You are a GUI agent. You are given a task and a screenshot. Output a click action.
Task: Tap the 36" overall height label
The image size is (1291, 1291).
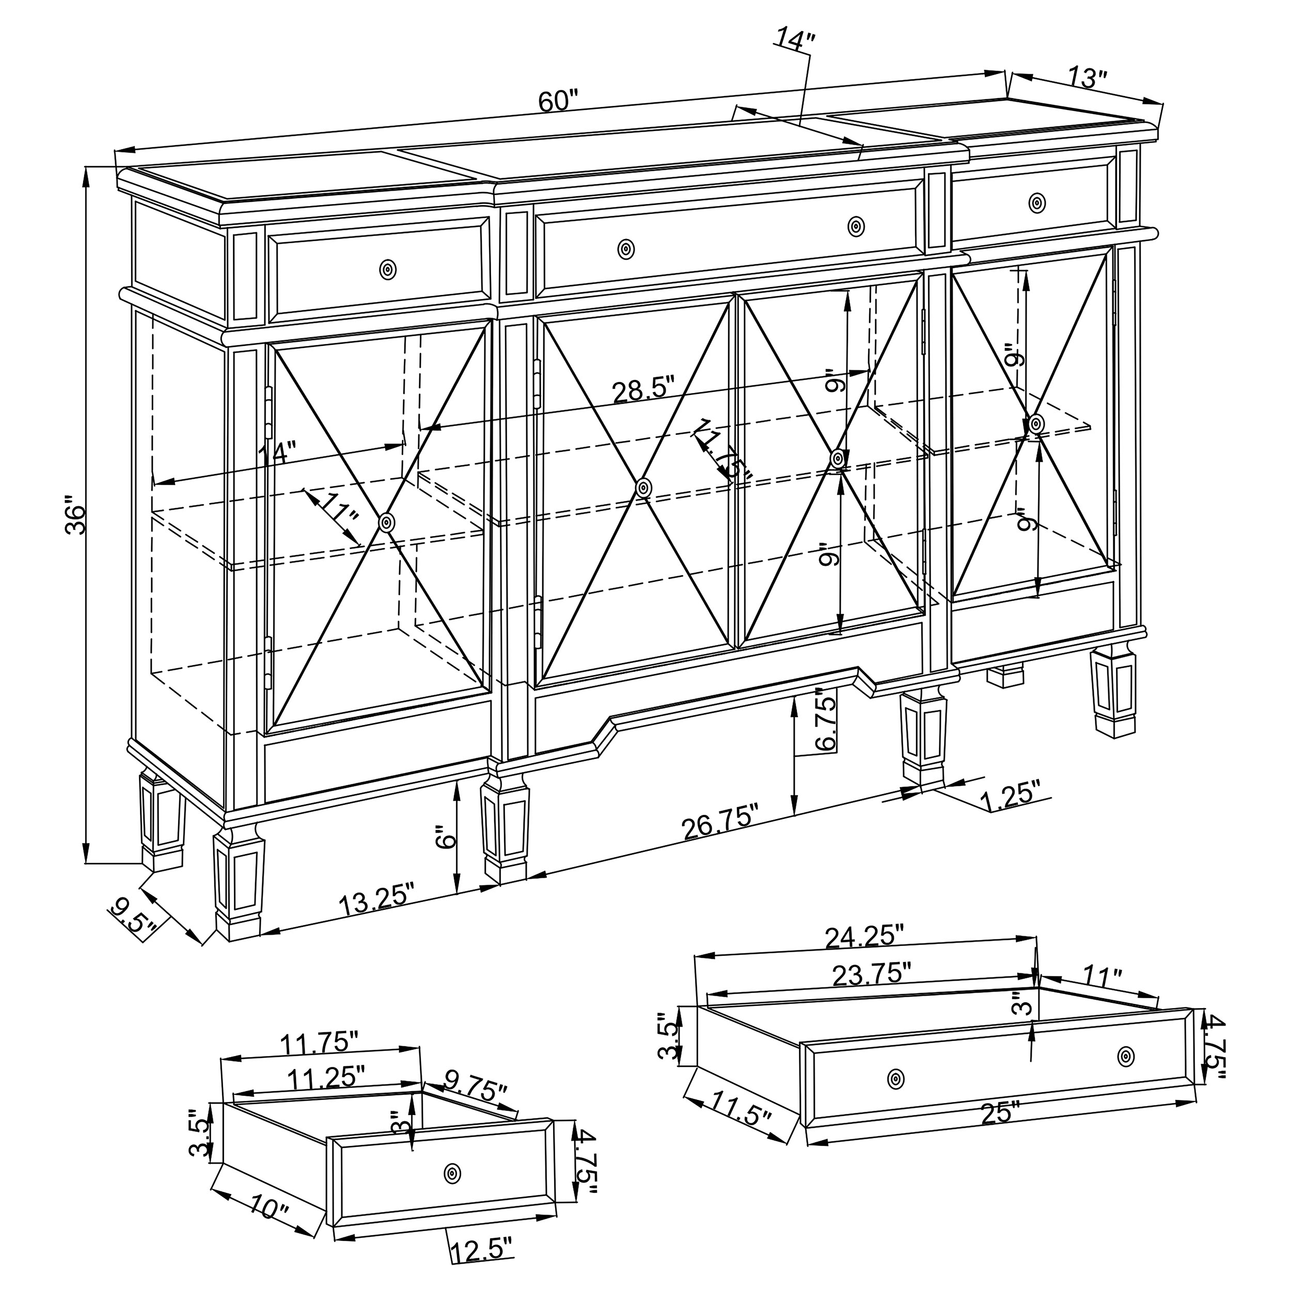(x=77, y=514)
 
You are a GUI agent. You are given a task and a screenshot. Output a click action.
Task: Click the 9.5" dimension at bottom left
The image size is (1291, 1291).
(x=134, y=919)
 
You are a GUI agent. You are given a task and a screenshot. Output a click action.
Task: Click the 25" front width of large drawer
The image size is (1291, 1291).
(x=1000, y=1113)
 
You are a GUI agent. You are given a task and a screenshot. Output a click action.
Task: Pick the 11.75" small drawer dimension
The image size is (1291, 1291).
(x=319, y=1042)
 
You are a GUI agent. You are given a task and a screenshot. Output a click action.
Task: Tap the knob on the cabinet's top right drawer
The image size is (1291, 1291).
(x=1036, y=202)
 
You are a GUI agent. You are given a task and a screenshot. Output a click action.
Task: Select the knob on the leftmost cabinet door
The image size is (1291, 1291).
(x=386, y=523)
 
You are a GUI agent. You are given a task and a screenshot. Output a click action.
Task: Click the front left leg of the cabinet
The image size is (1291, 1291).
(x=238, y=882)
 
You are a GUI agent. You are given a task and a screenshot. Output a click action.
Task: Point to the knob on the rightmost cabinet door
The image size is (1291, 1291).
(x=1036, y=423)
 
